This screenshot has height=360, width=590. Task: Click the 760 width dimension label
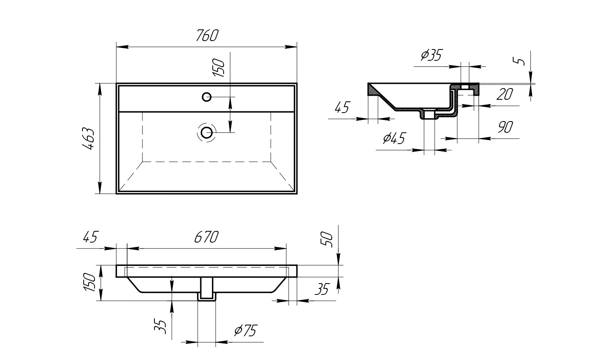tap(207, 36)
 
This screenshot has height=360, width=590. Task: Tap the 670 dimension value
tap(206, 237)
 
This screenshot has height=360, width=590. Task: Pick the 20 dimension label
tap(504, 95)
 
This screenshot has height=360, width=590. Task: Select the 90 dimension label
tap(505, 128)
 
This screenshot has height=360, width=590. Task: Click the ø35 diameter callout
tap(431, 55)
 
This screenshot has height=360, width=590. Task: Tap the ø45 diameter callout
tap(394, 138)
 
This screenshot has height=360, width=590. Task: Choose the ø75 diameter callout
tap(245, 331)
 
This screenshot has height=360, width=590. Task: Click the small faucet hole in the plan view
tap(207, 97)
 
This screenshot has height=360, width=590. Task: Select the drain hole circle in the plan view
tap(207, 132)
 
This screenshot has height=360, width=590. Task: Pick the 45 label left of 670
tap(90, 237)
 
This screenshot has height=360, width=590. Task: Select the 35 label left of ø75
tap(160, 326)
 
